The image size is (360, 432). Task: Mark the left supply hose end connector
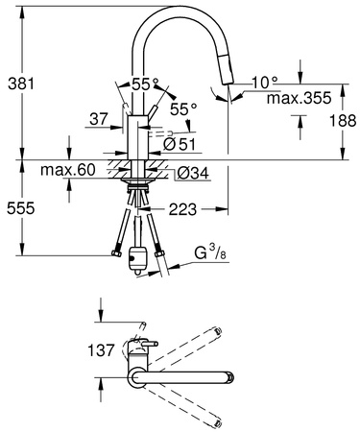[x=114, y=253]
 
